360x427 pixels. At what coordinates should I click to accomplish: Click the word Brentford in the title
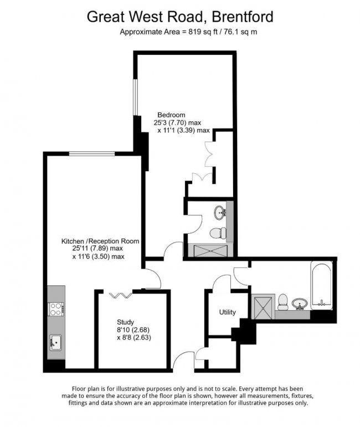pos(243,16)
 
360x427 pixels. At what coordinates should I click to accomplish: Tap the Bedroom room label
pos(171,115)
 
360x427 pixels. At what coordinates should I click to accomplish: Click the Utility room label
pos(228,312)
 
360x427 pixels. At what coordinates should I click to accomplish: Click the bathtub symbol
pos(321,286)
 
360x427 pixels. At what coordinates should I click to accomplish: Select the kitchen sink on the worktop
pos(55,343)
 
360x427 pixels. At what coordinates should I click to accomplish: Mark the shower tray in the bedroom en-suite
pos(210,251)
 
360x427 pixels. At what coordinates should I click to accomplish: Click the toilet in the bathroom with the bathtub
pos(282,301)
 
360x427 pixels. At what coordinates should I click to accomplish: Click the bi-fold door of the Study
pos(120,295)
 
